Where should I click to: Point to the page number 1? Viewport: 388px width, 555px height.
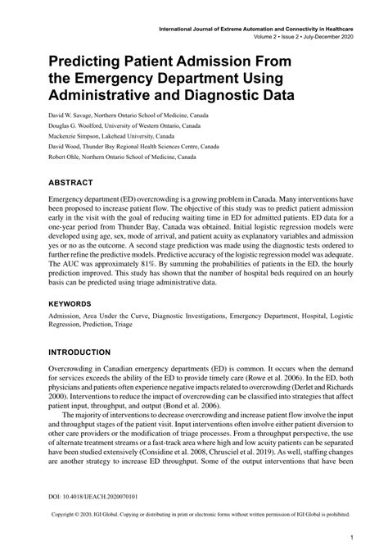click(350, 539)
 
